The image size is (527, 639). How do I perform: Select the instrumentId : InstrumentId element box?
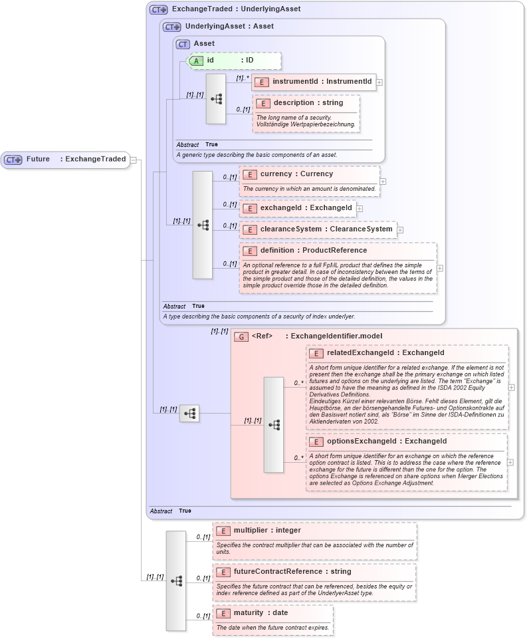(314, 82)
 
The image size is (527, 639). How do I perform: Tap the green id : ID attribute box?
(234, 61)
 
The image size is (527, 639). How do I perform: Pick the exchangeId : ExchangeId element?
(297, 208)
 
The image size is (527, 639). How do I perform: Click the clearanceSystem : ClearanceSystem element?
(318, 229)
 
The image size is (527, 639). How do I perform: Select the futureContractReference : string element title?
(292, 572)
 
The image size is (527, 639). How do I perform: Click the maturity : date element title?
(261, 613)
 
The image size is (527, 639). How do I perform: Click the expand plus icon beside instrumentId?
(379, 82)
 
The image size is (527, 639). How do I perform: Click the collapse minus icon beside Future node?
(134, 160)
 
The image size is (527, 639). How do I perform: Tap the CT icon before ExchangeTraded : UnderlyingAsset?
(158, 9)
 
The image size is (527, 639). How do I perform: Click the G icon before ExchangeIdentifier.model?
(241, 336)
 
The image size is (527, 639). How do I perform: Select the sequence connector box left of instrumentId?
(216, 98)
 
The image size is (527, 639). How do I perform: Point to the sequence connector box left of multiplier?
(176, 580)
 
